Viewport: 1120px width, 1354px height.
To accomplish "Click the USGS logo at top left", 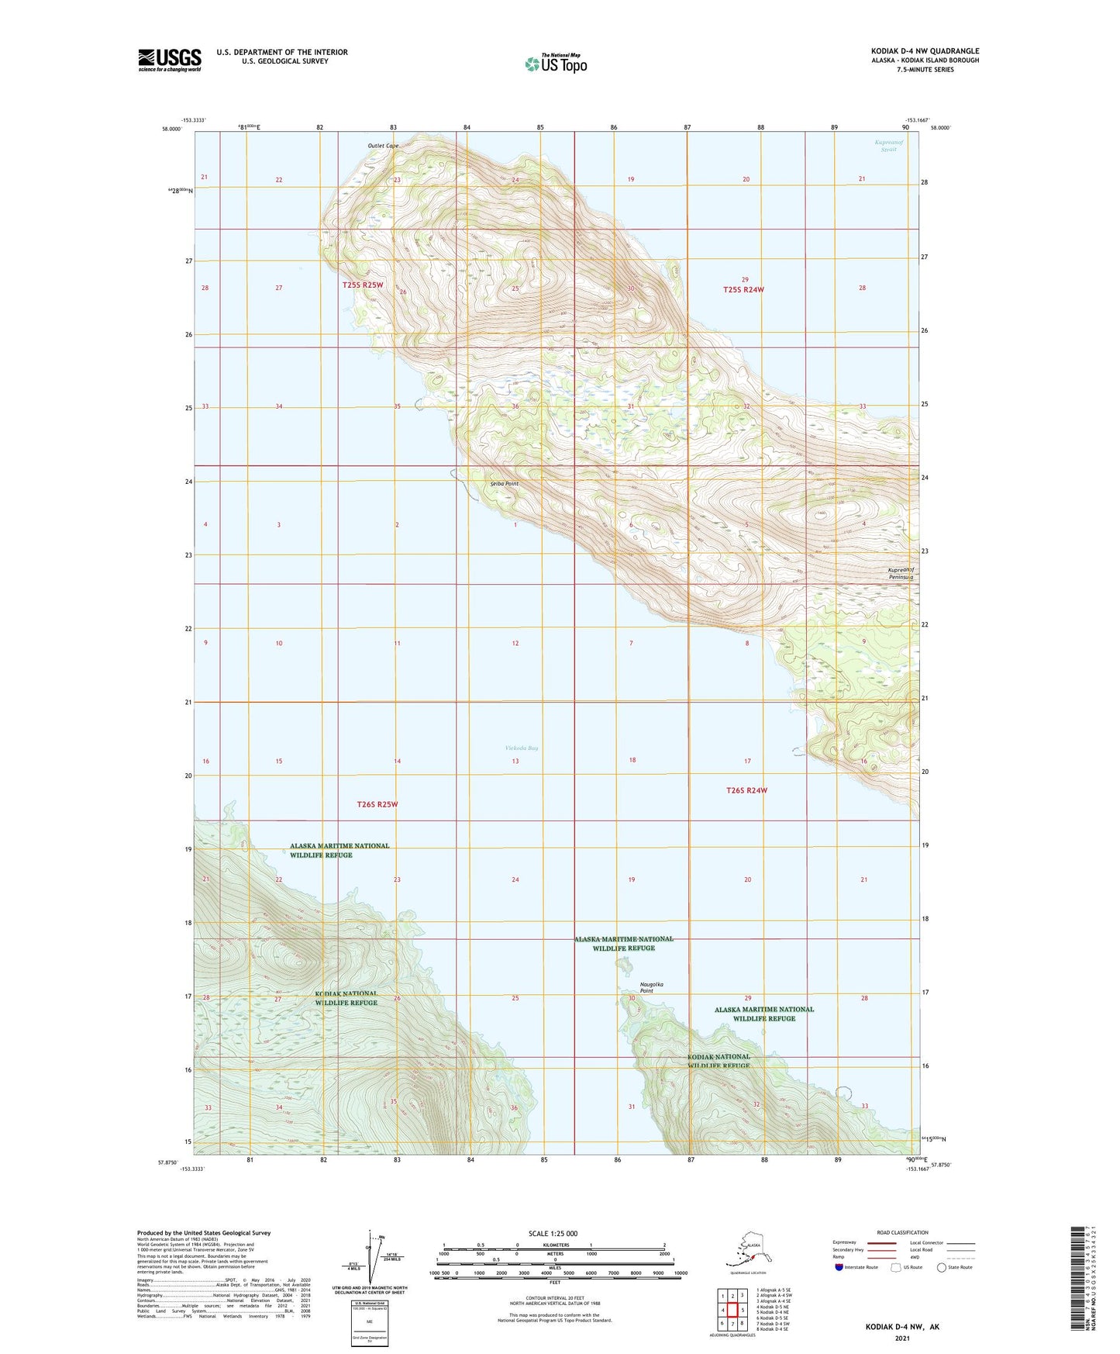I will click(x=169, y=59).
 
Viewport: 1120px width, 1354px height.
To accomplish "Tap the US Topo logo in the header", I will click(x=555, y=63).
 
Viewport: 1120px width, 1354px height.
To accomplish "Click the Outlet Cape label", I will click(x=383, y=146).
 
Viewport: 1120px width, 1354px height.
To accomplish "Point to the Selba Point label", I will click(x=504, y=483).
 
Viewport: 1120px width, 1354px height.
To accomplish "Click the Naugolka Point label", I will click(x=652, y=987).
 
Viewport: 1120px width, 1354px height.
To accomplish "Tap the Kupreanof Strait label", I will click(x=888, y=146).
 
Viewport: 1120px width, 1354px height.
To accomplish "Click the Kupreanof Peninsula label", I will click(x=901, y=574).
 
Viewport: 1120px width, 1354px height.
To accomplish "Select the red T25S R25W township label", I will click(x=363, y=285).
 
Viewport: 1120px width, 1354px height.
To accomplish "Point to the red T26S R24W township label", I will click(x=746, y=790).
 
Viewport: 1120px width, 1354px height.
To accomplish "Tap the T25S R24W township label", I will click(x=743, y=289).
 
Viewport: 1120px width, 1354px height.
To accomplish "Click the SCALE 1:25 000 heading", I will click(x=553, y=1233).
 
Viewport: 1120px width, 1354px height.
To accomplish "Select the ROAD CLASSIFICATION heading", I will click(x=902, y=1232).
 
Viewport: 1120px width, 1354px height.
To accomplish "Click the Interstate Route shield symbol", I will click(x=839, y=1267).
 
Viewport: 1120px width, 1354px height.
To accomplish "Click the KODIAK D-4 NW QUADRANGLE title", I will click(x=924, y=51).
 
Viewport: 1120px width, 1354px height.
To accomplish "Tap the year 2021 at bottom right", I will click(x=901, y=1338).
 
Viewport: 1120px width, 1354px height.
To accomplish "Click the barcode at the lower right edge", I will click(x=1077, y=1287).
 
